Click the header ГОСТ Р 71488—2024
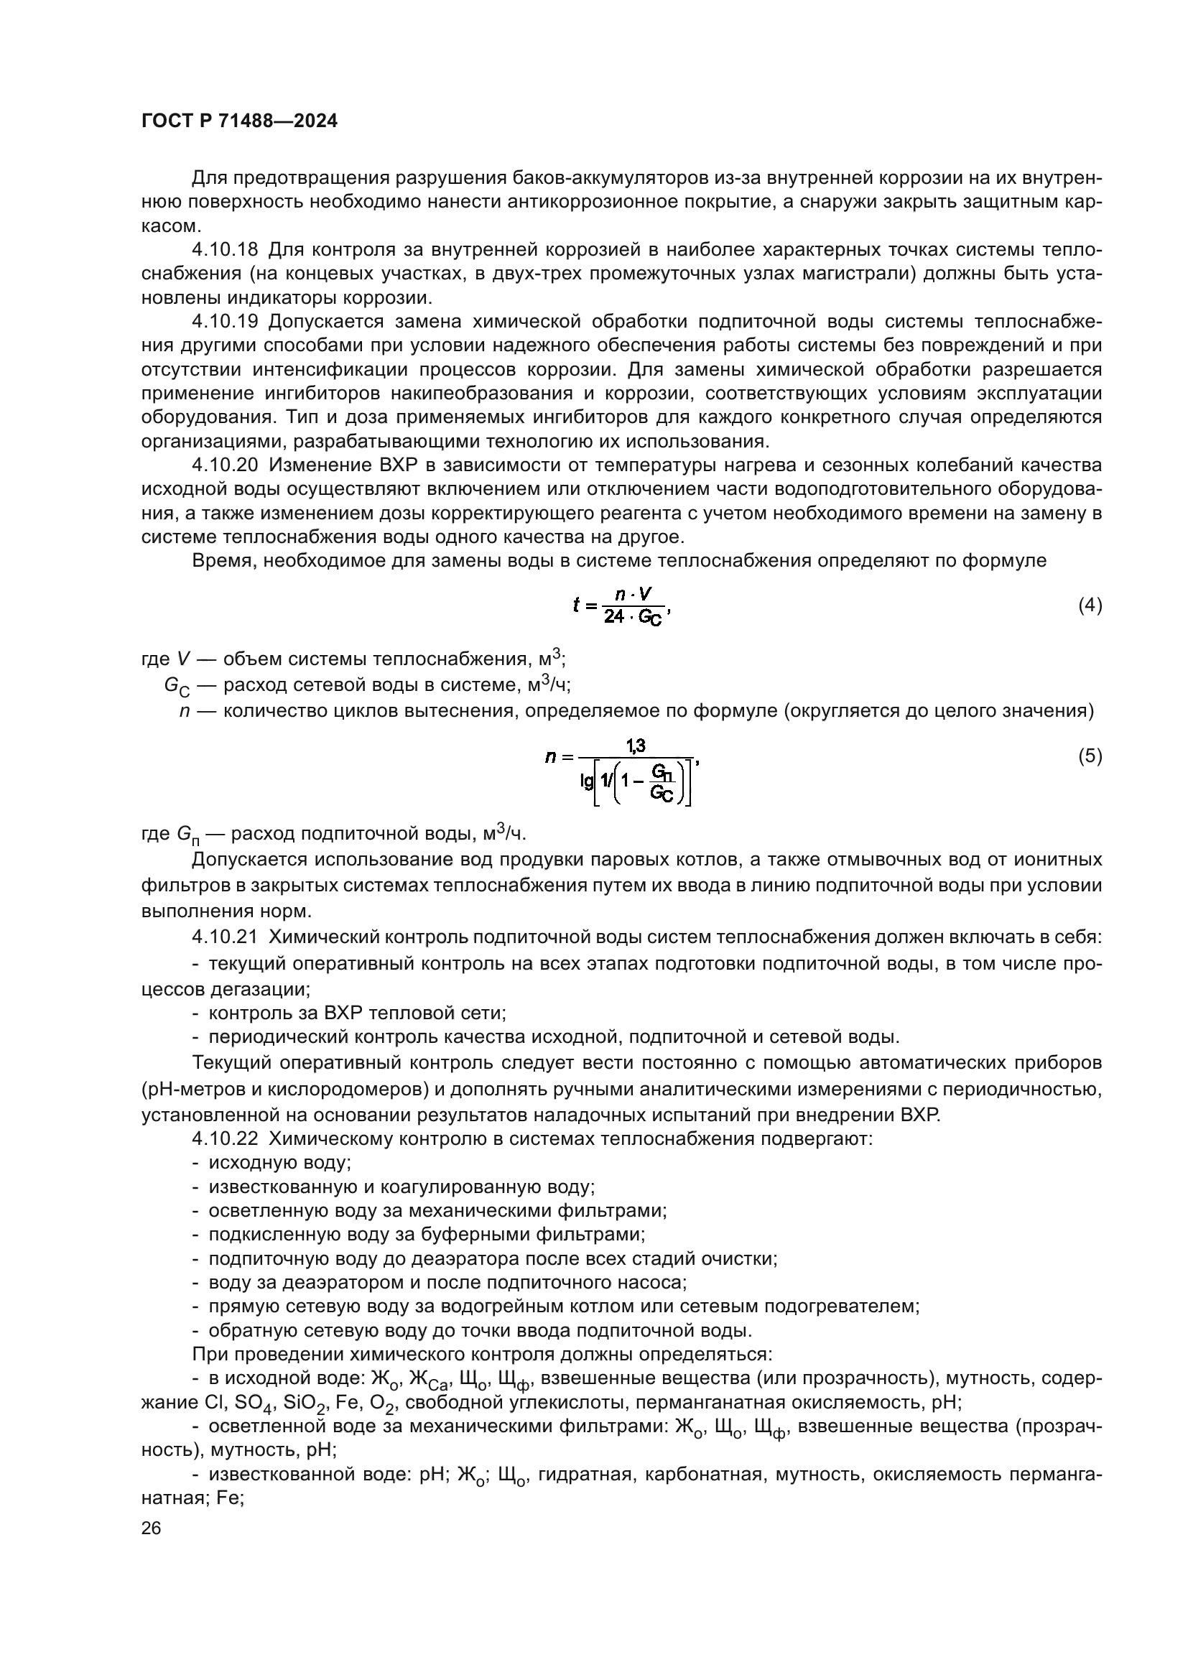[239, 121]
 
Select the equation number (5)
[1090, 756]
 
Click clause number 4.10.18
[225, 249]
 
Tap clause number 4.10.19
[225, 321]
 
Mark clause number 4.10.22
[225, 1138]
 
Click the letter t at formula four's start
[577, 605]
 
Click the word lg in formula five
[587, 781]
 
